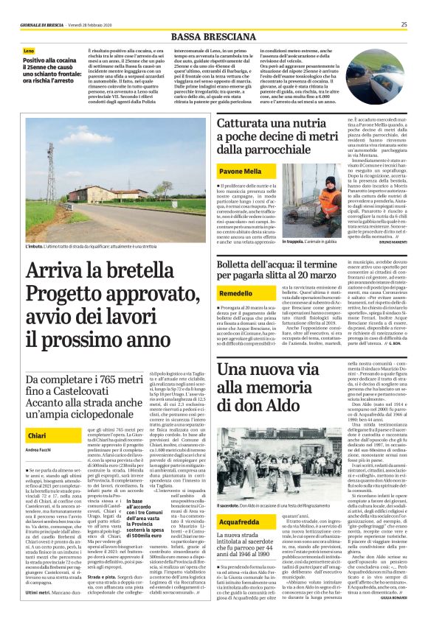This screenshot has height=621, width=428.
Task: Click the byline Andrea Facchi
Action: (38, 450)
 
